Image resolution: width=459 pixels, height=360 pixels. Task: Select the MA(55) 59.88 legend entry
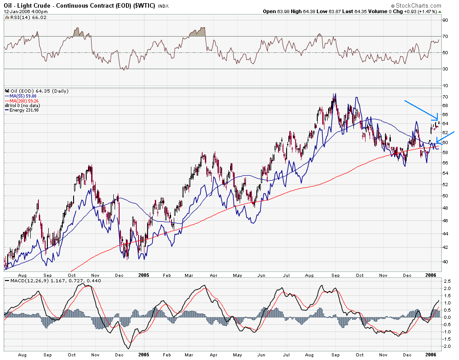(22, 96)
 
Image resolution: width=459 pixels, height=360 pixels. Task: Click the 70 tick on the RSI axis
(445, 36)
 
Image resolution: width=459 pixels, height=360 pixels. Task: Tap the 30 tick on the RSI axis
(445, 69)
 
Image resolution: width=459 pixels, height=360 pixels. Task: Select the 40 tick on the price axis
(445, 262)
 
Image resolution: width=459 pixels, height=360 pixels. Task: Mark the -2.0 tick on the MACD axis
(446, 346)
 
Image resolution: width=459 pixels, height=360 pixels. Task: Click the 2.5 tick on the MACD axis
(446, 281)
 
